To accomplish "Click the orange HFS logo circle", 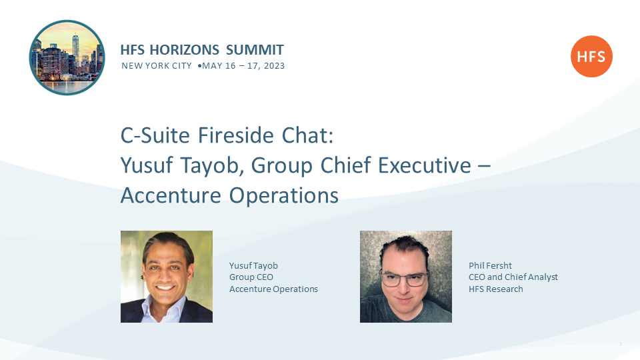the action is pyautogui.click(x=591, y=56).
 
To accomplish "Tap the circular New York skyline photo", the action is pyautogui.click(x=67, y=57).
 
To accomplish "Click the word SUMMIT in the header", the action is pyautogui.click(x=255, y=50).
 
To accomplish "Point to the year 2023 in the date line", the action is pyautogui.click(x=274, y=66).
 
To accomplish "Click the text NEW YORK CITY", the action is pyautogui.click(x=156, y=66).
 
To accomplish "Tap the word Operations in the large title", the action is pyautogui.click(x=284, y=195).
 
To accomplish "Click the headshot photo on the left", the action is pyautogui.click(x=167, y=277).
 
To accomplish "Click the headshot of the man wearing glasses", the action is pyautogui.click(x=406, y=277).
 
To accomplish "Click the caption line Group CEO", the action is pyautogui.click(x=251, y=277).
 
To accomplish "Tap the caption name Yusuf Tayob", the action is pyautogui.click(x=253, y=266).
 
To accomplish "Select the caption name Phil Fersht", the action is pyautogui.click(x=490, y=266).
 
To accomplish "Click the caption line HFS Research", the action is pyautogui.click(x=496, y=289).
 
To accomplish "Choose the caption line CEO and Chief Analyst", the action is pyautogui.click(x=513, y=277).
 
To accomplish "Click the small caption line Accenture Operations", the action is pyautogui.click(x=273, y=289).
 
